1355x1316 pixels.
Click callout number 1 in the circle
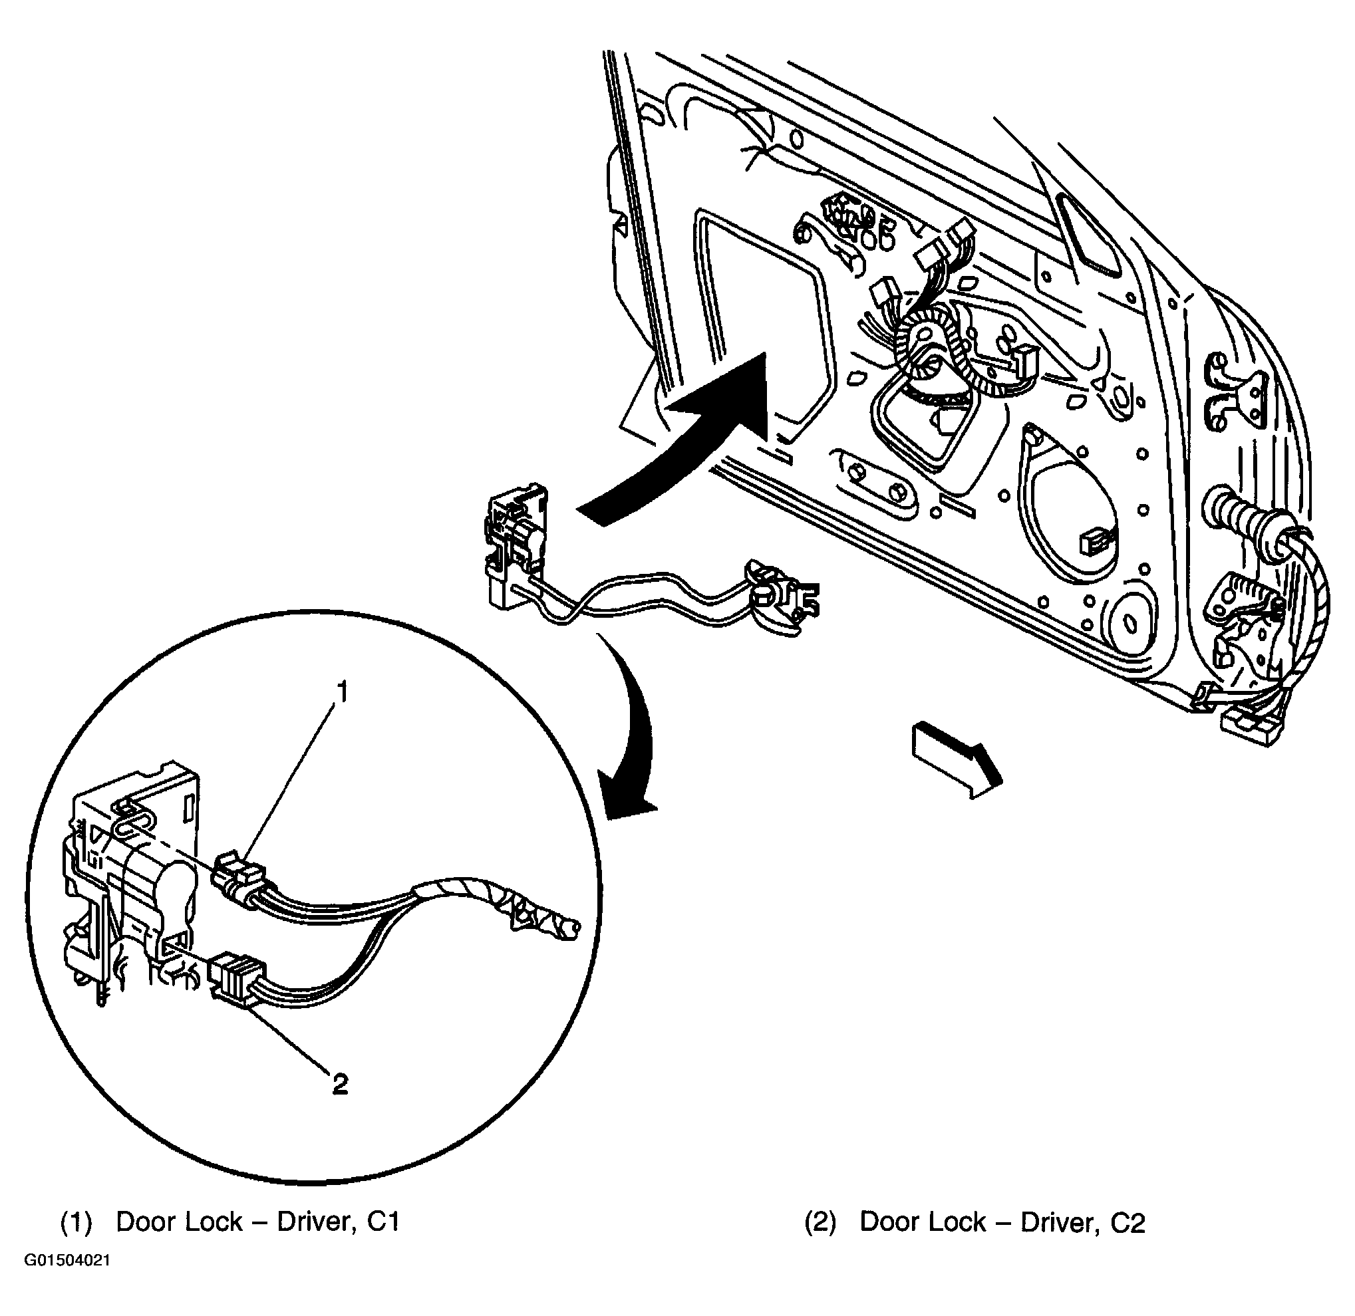(341, 692)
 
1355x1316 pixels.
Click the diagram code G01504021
(68, 1279)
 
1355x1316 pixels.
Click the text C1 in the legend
(383, 1222)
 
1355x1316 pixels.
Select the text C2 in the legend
(1128, 1224)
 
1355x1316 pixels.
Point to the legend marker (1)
(76, 1223)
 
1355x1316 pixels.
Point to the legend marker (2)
(821, 1224)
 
